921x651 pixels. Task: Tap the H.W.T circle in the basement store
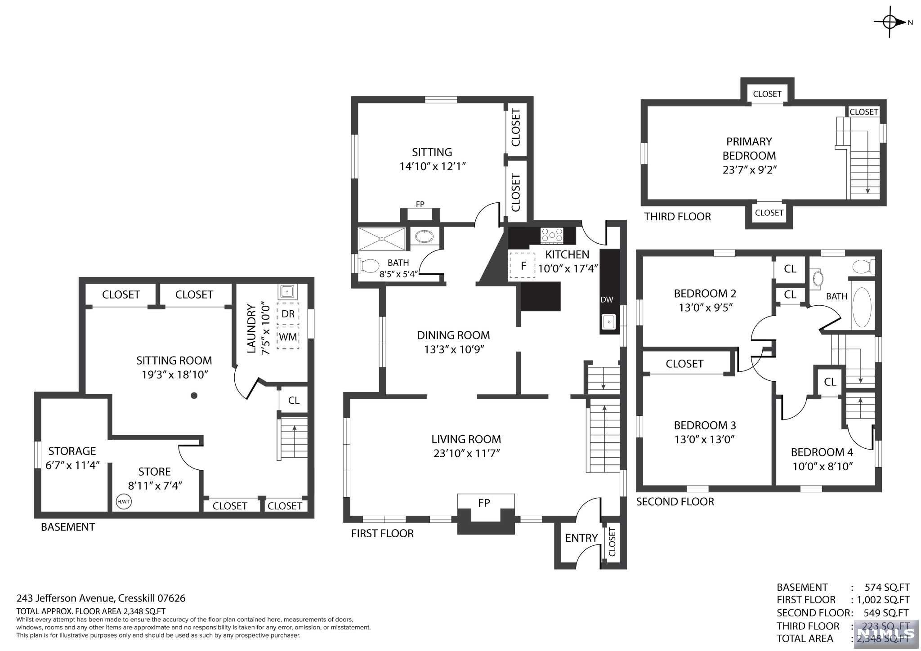pos(124,502)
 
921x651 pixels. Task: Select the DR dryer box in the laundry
pos(288,313)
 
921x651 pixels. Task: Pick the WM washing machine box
pos(288,337)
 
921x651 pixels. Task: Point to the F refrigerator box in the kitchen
pos(522,265)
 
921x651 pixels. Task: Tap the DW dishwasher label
pos(607,300)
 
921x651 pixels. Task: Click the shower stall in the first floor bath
pos(382,239)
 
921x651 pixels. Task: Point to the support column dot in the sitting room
pos(194,396)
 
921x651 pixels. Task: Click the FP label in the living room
pos(484,503)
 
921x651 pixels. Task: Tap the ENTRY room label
pos(581,538)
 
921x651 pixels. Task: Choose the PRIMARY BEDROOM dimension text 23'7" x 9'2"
pos(750,170)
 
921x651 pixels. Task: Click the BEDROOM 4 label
pos(822,452)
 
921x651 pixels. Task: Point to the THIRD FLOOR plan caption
pos(678,217)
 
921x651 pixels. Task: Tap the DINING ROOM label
pos(453,335)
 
